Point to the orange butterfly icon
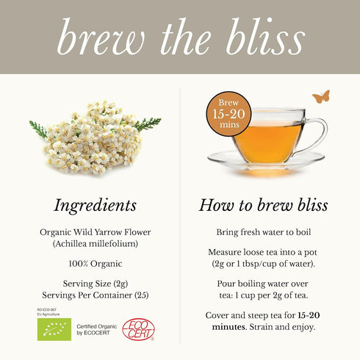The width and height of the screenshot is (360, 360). click(x=320, y=96)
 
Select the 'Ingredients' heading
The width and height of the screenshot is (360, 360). click(x=96, y=205)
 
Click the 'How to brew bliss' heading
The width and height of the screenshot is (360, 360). click(x=263, y=205)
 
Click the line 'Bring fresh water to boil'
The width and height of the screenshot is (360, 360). click(x=263, y=231)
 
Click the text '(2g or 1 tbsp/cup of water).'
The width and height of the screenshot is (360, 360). click(x=263, y=263)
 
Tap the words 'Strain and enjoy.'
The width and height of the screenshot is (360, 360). click(x=284, y=326)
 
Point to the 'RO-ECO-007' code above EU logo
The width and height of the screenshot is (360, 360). click(x=48, y=310)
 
